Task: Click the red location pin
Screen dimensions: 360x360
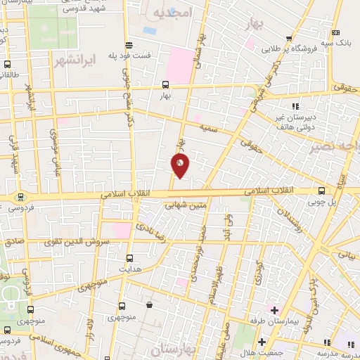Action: [x=180, y=165]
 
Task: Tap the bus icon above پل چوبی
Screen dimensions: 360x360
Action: [x=321, y=190]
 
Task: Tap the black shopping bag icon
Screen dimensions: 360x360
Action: [x=149, y=305]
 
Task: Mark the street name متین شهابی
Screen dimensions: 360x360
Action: [x=186, y=206]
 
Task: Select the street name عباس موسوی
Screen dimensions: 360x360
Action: [x=56, y=144]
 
